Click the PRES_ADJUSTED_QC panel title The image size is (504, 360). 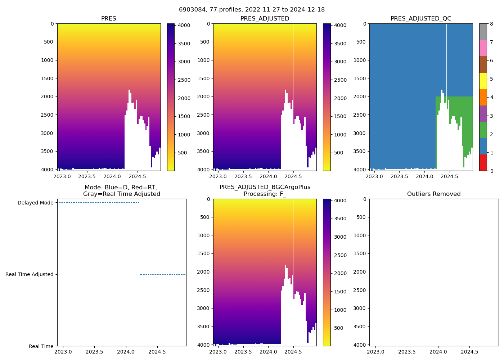[x=421, y=19]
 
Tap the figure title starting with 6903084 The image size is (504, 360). [x=252, y=10]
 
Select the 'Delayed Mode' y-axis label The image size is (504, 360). [x=35, y=203]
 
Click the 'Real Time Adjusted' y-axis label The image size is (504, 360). [x=29, y=274]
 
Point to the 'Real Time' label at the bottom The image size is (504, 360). [x=41, y=346]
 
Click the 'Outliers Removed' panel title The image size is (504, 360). [x=434, y=194]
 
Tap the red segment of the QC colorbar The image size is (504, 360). [x=483, y=163]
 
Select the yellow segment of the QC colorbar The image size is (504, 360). [x=483, y=81]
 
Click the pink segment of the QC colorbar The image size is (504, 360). [x=483, y=48]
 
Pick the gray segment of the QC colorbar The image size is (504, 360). [x=483, y=32]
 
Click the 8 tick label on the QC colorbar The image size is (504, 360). [x=491, y=24]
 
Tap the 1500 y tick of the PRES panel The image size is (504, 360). [x=47, y=78]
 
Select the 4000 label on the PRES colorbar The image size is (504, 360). [x=184, y=26]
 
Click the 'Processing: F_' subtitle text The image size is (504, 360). [x=265, y=194]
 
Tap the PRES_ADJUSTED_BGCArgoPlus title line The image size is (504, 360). [x=265, y=187]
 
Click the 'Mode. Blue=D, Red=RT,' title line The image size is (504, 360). [x=121, y=187]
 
